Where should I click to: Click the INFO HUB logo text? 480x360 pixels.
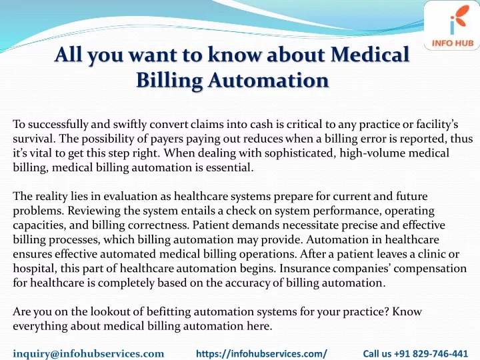click(453, 43)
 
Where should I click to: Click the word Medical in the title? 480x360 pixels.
click(370, 54)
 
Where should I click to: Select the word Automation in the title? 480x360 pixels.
click(269, 80)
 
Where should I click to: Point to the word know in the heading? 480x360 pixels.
click(234, 54)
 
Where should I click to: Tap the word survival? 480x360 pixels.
click(34, 139)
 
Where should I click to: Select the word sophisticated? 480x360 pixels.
click(299, 153)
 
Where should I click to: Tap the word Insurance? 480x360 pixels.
click(304, 268)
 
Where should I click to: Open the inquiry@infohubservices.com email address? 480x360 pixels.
click(89, 354)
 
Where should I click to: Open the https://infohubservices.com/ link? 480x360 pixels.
click(261, 354)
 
